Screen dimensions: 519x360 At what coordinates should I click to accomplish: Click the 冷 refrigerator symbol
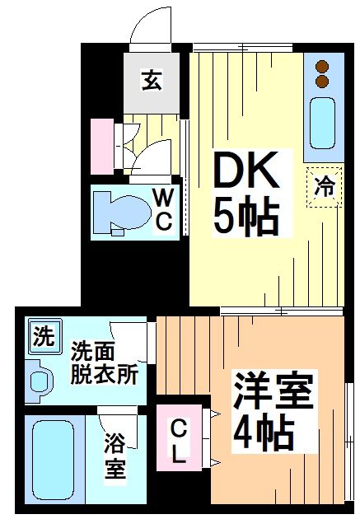[x=325, y=186]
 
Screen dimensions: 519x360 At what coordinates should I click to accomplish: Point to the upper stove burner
[x=322, y=67]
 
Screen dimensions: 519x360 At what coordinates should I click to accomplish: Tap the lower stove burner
[x=322, y=82]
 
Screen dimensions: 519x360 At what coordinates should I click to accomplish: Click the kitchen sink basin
[x=323, y=123]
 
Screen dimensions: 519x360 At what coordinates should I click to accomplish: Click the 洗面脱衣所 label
[x=103, y=362]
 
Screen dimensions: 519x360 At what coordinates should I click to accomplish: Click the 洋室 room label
[x=274, y=390]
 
